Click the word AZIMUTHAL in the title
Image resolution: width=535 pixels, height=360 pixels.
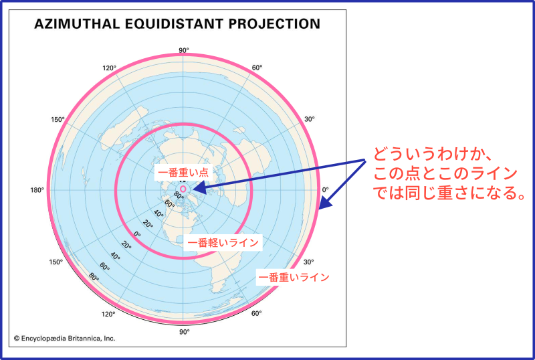point(78,24)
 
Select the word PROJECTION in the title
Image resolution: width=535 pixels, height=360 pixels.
point(274,24)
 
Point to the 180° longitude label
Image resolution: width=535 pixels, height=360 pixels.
point(37,190)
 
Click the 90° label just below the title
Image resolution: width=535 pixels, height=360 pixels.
point(183,51)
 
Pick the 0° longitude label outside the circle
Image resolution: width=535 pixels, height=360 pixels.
point(326,189)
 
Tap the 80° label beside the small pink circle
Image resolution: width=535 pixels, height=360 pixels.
point(179,195)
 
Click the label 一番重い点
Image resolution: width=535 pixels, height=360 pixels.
point(183,172)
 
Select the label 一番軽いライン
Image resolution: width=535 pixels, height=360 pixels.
point(223,242)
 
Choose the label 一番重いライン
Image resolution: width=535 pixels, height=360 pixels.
point(294,276)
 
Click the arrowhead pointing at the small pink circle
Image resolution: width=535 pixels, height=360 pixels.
point(199,188)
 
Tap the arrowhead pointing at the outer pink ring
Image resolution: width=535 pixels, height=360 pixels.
point(325,202)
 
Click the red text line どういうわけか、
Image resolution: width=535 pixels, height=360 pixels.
point(432,154)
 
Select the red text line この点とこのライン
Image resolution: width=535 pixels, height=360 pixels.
point(445,173)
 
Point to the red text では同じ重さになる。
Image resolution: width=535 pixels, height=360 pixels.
point(449,193)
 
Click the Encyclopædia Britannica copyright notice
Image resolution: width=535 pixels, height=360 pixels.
point(64,339)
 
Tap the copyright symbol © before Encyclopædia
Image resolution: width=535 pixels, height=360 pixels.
point(17,339)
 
